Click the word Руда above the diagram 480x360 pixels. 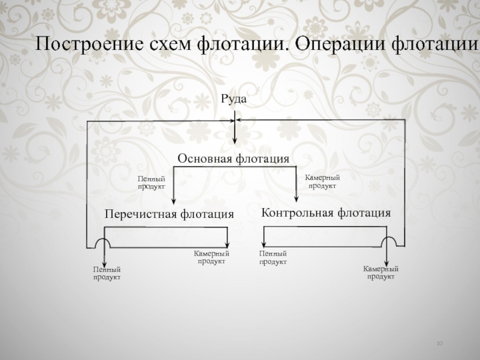[234, 98]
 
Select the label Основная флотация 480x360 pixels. [234, 159]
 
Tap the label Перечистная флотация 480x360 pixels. [169, 214]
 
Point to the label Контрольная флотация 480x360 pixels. [326, 212]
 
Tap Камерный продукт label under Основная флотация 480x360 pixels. [322, 182]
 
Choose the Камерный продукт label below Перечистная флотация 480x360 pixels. [211, 258]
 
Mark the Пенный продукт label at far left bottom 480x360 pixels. [107, 274]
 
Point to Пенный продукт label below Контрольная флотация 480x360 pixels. [273, 258]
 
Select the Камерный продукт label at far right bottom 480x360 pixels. [380, 273]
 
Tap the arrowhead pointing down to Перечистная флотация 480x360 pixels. [173, 201]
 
